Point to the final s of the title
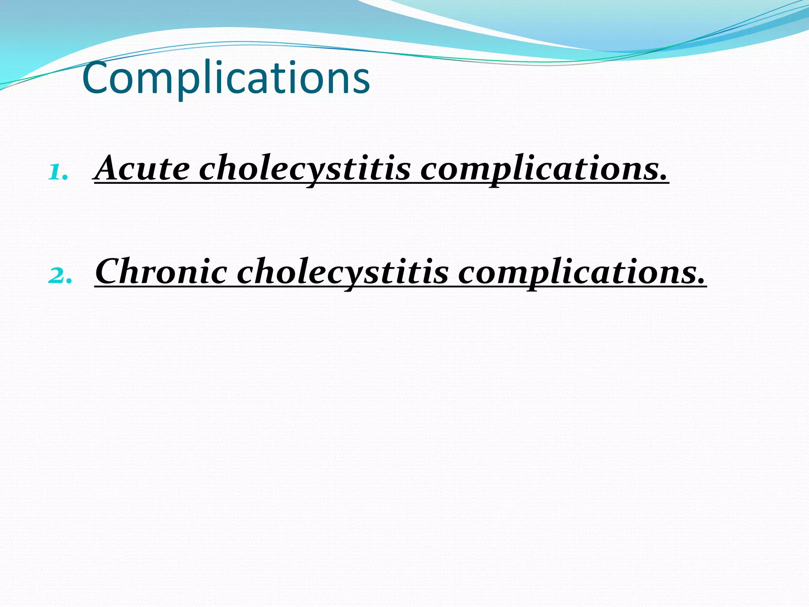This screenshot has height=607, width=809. click(360, 81)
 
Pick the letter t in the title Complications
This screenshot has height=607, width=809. click(277, 79)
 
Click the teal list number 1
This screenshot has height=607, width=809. click(58, 173)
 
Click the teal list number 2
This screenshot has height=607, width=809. click(59, 276)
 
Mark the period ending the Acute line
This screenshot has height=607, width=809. click(663, 178)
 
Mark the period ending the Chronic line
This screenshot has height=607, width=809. click(701, 281)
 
